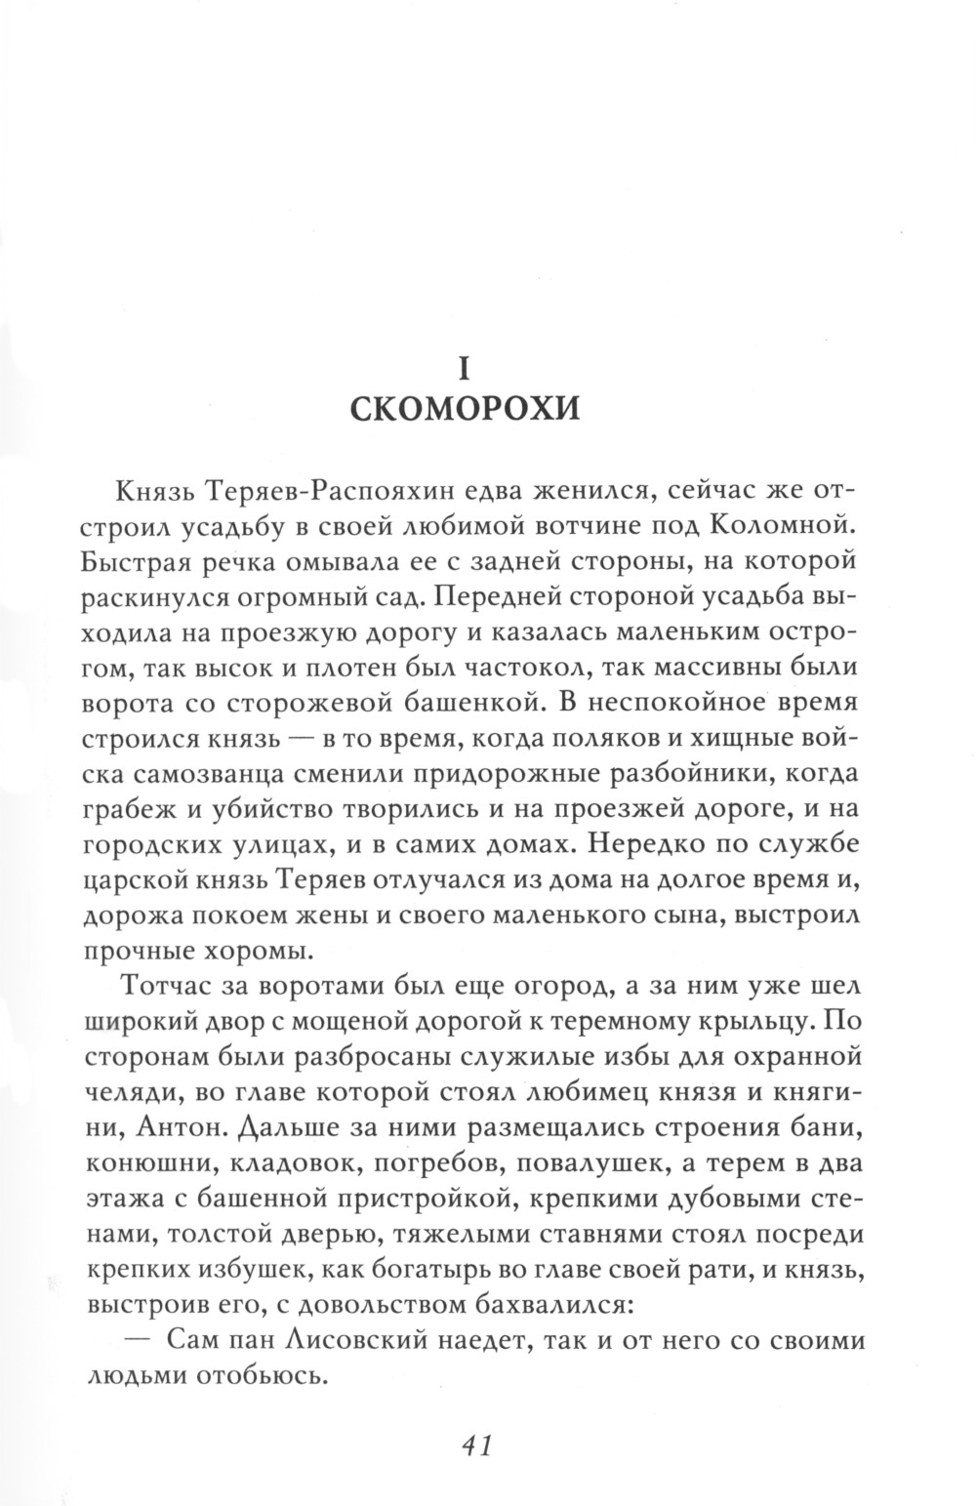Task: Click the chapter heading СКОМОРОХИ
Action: (x=465, y=407)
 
